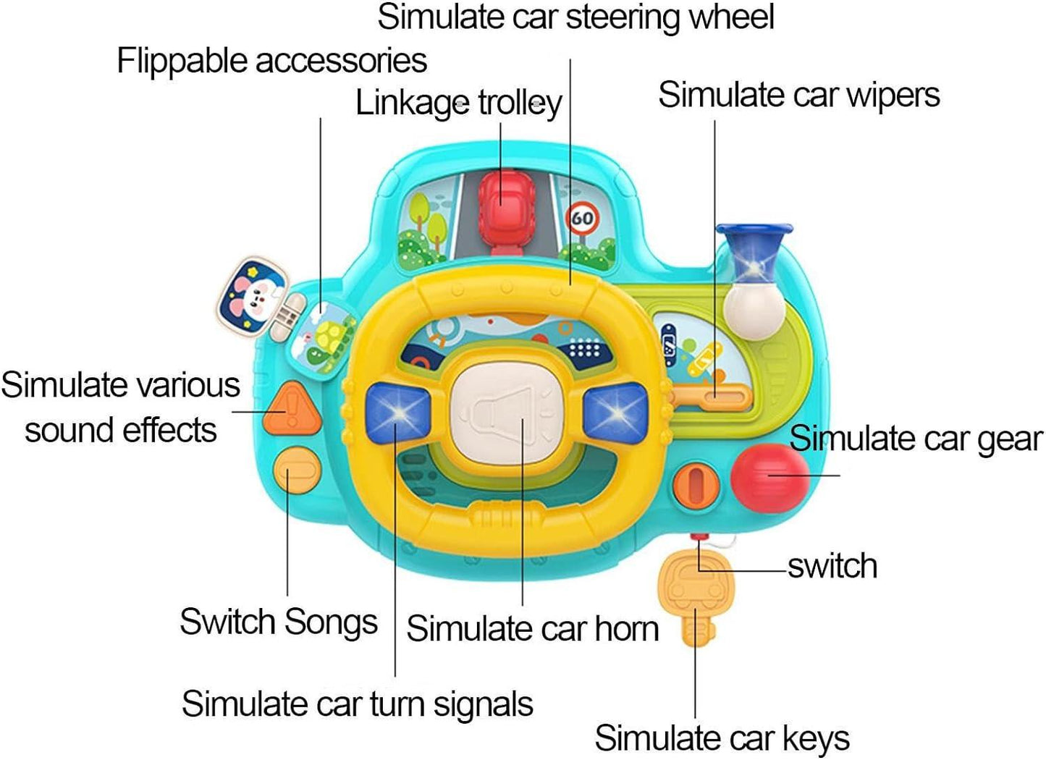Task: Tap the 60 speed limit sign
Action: coord(583,217)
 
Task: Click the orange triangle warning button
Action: coord(291,410)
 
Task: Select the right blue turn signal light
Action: coord(616,413)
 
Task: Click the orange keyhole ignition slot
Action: coord(696,485)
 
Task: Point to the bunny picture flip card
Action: coord(252,297)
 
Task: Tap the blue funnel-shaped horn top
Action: coord(754,249)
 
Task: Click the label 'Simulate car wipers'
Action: coord(798,95)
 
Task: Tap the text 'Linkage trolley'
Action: coord(458,103)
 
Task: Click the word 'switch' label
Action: coord(832,566)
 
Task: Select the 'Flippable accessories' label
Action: coord(271,61)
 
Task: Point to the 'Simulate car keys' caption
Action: coord(722,738)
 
